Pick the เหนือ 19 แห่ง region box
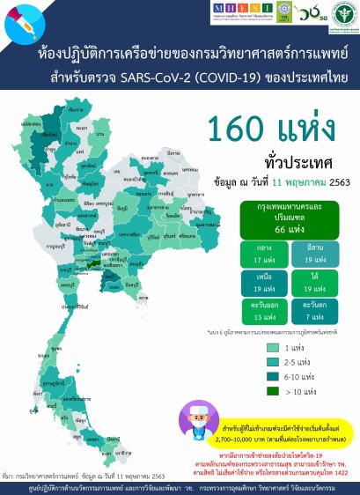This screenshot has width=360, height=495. pos(261,283)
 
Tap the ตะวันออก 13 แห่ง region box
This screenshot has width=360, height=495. pos(261,311)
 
